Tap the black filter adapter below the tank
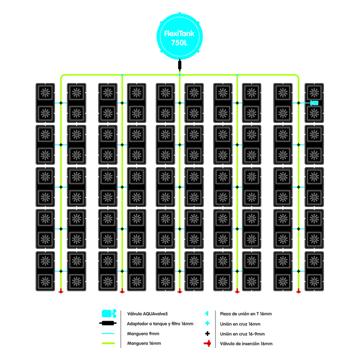pyautogui.click(x=180, y=64)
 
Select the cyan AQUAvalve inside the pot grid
pyautogui.click(x=314, y=103)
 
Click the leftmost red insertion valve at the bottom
pyautogui.click(x=61, y=291)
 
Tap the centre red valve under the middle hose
pyautogui.click(x=180, y=291)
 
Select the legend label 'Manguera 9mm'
pyautogui.click(x=141, y=334)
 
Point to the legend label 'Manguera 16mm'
pyautogui.click(x=142, y=344)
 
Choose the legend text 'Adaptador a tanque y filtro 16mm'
pyautogui.click(x=160, y=324)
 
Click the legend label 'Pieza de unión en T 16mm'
pyautogui.click(x=245, y=313)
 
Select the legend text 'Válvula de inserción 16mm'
pyautogui.click(x=246, y=344)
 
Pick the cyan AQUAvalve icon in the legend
pyautogui.click(x=109, y=313)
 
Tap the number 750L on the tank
pyautogui.click(x=180, y=43)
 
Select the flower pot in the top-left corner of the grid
pyautogui.click(x=45, y=92)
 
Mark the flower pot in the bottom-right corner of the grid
pyautogui.click(x=314, y=281)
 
